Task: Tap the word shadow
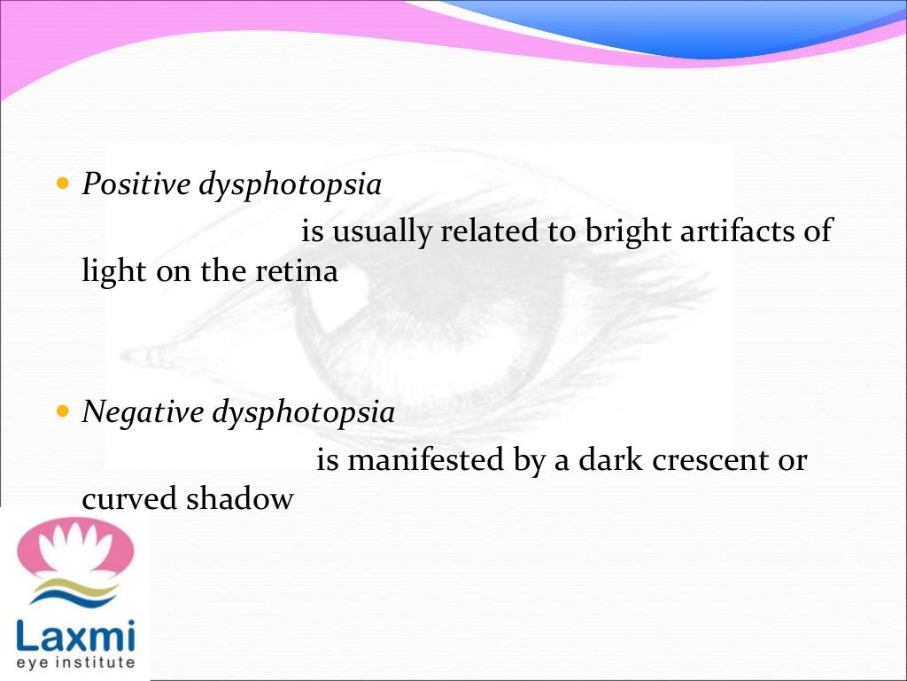pos(239,498)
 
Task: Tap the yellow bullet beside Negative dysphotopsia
pos(62,412)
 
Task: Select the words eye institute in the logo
pos(75,662)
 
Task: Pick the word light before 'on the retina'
pos(114,271)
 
